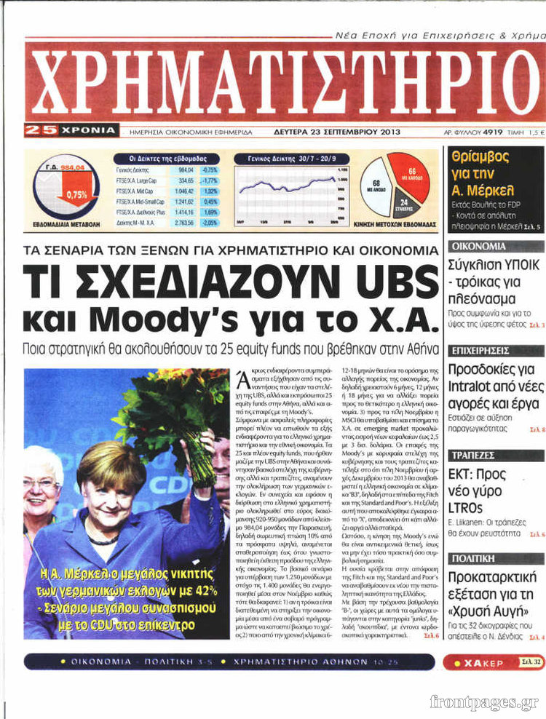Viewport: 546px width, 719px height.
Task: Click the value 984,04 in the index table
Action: [186, 170]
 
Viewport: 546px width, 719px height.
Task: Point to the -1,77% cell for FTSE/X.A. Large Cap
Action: [210, 180]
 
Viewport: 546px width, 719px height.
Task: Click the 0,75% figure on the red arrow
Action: [76, 194]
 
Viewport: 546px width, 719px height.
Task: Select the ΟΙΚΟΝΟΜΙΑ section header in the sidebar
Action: [478, 247]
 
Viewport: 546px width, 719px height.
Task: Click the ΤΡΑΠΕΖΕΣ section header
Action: [472, 455]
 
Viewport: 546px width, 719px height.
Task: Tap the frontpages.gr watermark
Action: [484, 702]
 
